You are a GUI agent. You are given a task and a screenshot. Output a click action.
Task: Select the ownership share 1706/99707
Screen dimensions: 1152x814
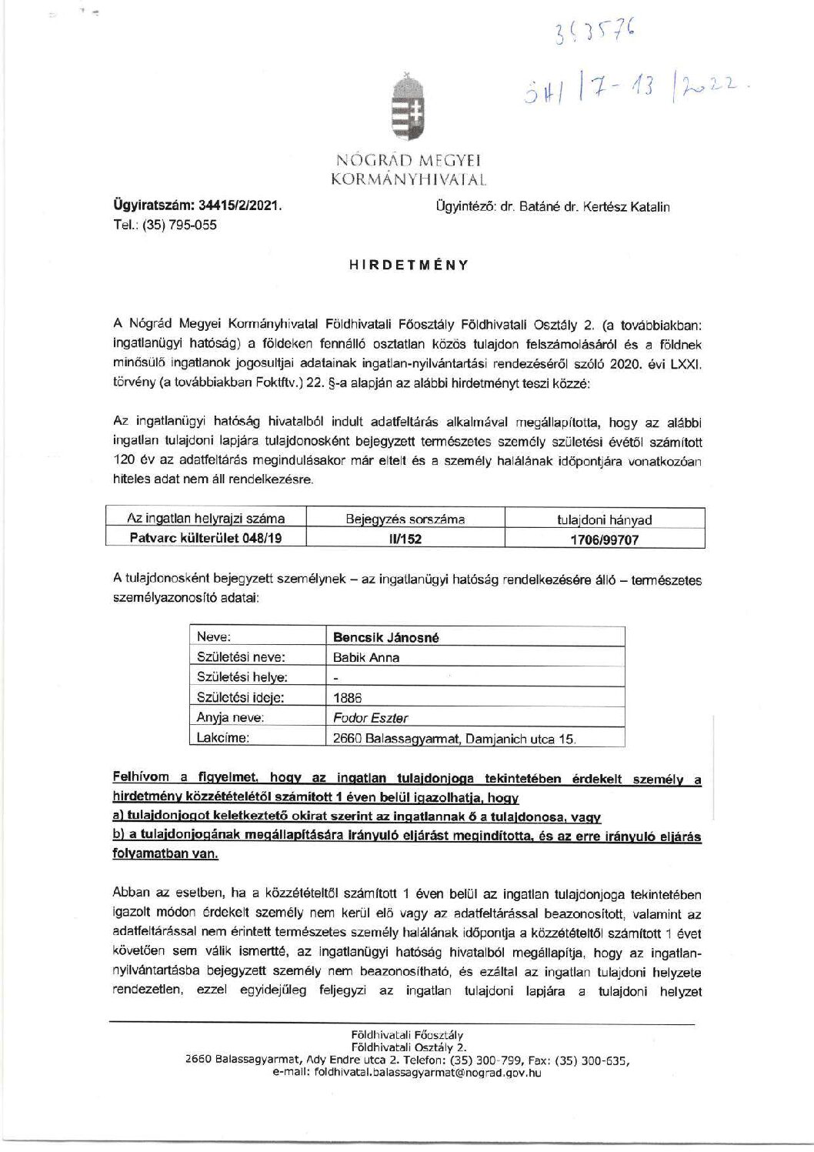point(604,539)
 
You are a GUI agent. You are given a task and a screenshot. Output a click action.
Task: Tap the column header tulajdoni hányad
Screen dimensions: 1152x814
point(604,519)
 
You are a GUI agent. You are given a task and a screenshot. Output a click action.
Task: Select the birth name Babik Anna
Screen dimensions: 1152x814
point(366,658)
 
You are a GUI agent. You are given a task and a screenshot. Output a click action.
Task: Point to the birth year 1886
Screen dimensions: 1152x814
point(347,698)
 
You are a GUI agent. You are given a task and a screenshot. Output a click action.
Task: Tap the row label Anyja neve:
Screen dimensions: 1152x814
point(231,718)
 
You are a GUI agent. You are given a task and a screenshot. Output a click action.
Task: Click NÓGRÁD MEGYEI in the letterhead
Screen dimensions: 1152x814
point(408,161)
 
